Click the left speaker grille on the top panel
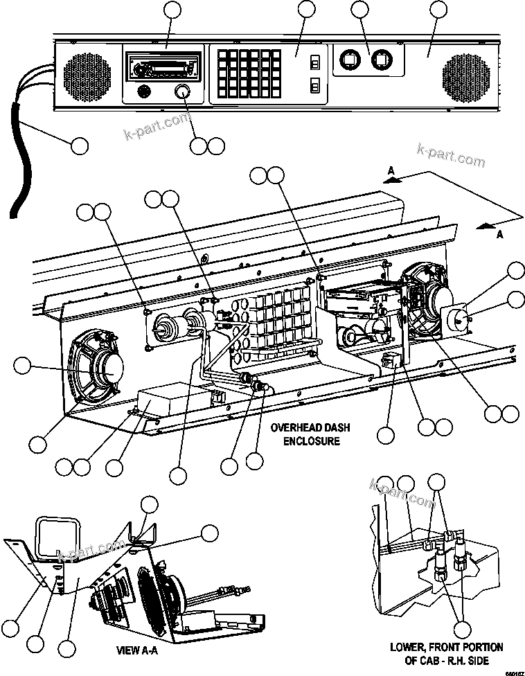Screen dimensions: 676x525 (x=87, y=74)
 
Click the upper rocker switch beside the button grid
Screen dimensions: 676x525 (x=314, y=63)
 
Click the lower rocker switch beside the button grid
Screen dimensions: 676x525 (x=314, y=86)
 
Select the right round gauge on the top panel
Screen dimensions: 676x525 (x=380, y=61)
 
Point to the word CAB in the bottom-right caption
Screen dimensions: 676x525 (x=433, y=661)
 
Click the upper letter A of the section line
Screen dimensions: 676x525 (x=391, y=170)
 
